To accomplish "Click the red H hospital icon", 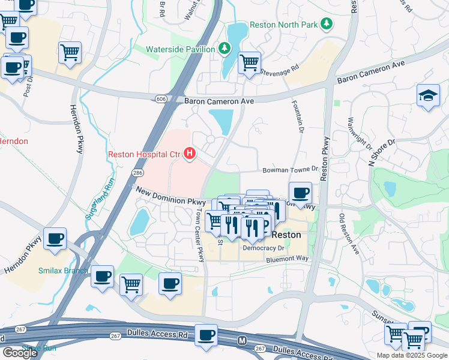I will (190, 155).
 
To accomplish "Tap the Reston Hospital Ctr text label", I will (144, 155).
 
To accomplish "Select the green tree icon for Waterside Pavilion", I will (224, 47).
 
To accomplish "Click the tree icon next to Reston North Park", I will (326, 24).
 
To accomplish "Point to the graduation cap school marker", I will (427, 95).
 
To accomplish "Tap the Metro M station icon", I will (242, 340).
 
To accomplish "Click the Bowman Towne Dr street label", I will (289, 170).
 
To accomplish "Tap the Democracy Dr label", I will (264, 247).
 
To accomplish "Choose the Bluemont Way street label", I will (287, 258).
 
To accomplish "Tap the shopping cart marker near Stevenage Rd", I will (249, 62).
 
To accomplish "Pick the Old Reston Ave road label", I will (349, 233).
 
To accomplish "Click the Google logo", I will (20, 353).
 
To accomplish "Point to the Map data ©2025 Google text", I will (411, 355).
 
